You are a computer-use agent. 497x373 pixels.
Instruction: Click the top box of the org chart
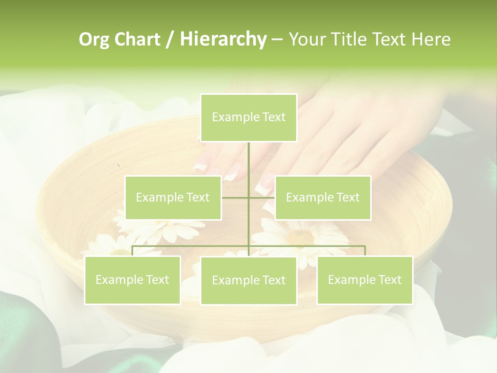pos(248,118)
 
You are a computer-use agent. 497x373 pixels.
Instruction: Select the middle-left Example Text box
pos(173,197)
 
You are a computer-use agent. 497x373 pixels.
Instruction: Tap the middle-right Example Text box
pos(323,197)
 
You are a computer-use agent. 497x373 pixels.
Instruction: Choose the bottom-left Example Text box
pos(132,280)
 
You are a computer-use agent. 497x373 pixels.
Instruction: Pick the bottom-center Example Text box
pos(248,280)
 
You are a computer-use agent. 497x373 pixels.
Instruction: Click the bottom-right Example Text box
pos(364,280)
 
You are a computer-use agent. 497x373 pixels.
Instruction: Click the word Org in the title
pos(94,39)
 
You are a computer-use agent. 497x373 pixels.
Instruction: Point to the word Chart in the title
pos(137,39)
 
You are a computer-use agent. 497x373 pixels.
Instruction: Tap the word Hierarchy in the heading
pos(223,39)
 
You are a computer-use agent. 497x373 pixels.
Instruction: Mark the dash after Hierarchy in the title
pos(277,40)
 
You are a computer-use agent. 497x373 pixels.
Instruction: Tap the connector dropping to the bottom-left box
pos(133,251)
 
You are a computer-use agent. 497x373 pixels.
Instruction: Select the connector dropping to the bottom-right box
pos(365,251)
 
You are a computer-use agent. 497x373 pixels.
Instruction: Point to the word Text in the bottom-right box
pos(389,280)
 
